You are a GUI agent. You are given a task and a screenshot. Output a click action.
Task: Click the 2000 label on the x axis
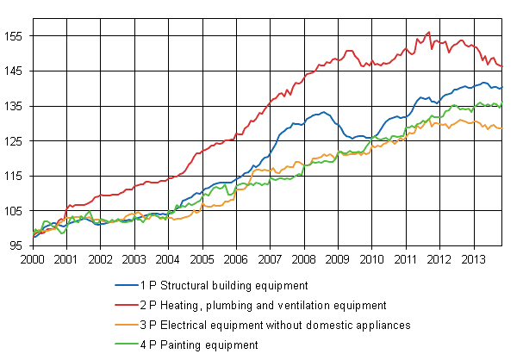click(x=33, y=258)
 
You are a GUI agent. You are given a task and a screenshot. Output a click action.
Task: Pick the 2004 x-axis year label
click(x=168, y=258)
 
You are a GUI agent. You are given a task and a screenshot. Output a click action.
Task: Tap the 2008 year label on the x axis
click(x=303, y=258)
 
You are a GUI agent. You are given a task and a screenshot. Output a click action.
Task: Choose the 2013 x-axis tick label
click(x=473, y=258)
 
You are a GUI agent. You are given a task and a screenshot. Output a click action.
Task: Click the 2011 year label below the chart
click(x=406, y=258)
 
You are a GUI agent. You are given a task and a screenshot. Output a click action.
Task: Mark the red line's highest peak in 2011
click(x=428, y=32)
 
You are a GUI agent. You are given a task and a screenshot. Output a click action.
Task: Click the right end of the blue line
click(x=502, y=88)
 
